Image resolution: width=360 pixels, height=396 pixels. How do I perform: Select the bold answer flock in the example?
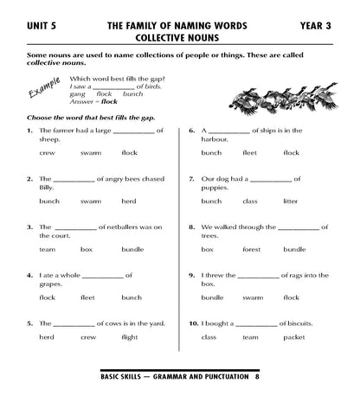coord(110,100)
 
